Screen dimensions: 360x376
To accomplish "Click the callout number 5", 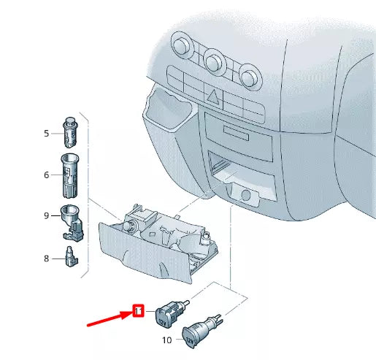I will click(46, 134).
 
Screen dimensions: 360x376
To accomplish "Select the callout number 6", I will click(46, 175).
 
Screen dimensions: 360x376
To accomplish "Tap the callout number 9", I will click(46, 215).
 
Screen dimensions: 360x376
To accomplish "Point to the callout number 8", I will click(46, 258).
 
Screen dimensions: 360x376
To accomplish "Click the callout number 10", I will click(166, 340).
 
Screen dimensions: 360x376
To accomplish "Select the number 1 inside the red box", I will click(137, 312).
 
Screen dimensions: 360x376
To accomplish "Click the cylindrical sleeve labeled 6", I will click(70, 175).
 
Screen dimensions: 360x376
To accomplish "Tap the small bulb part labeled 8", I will click(70, 258).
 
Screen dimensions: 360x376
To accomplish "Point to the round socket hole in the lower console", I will click(246, 195).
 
